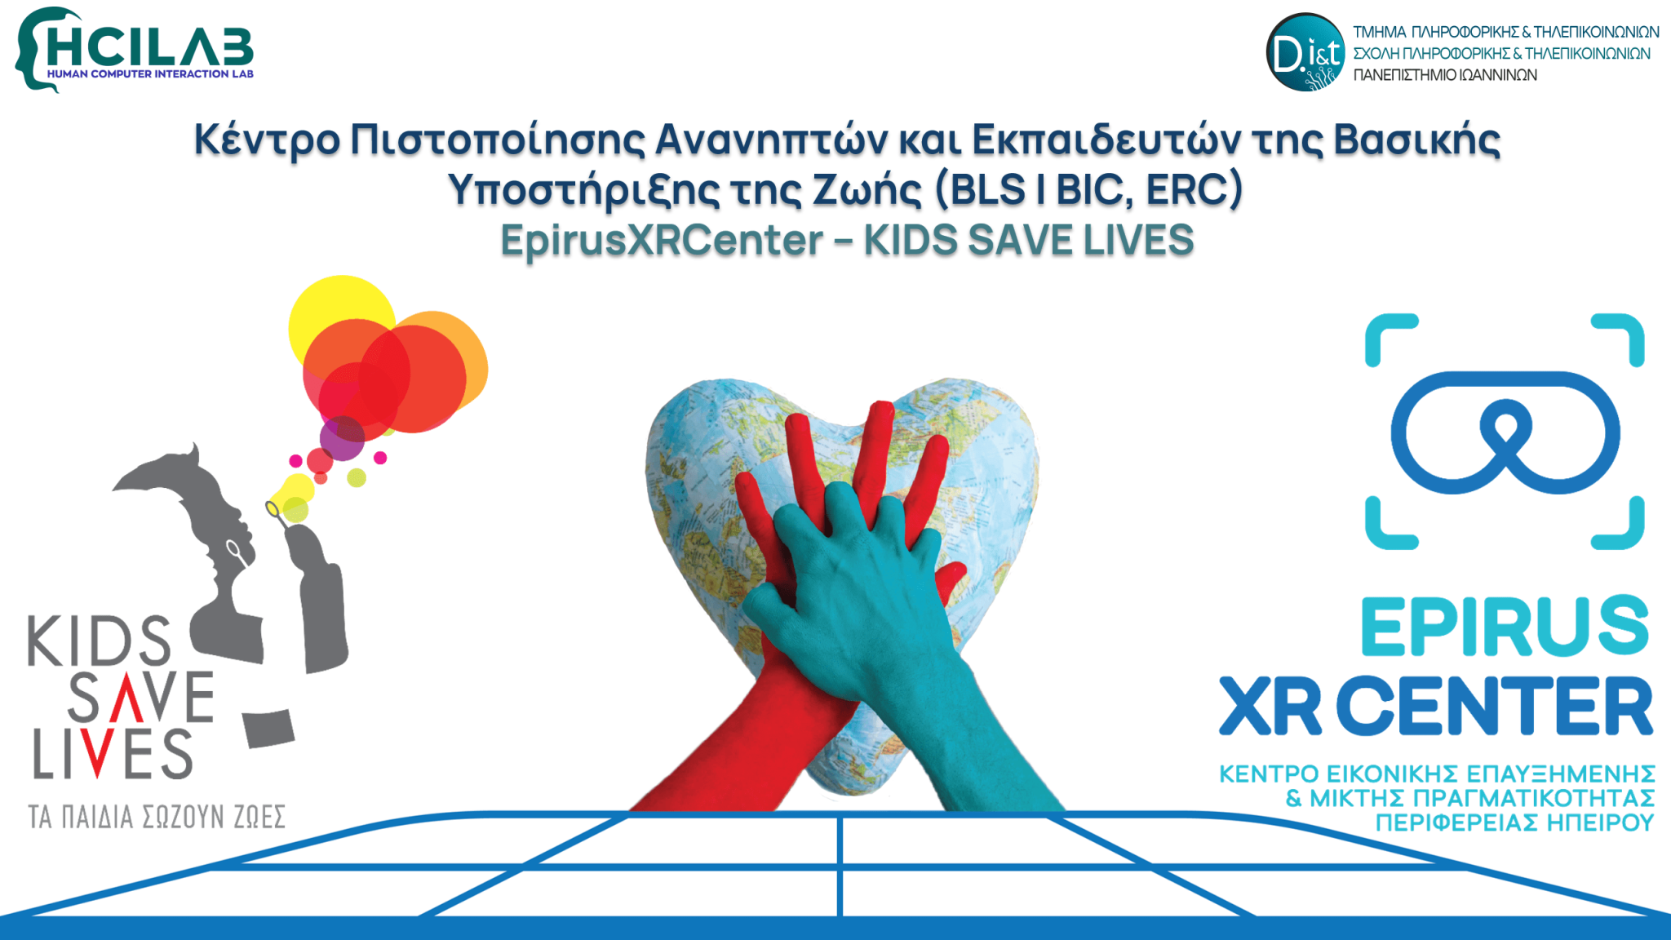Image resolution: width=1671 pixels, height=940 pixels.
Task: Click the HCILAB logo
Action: [135, 49]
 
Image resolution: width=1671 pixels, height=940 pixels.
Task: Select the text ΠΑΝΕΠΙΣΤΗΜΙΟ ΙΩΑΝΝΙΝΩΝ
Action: [1445, 75]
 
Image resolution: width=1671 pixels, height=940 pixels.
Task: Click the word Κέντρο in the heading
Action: [266, 140]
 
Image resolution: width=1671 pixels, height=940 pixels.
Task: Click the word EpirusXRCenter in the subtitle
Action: [662, 241]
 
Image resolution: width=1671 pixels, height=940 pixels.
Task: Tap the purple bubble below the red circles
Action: [342, 438]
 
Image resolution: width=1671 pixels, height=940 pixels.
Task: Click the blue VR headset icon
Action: [1505, 432]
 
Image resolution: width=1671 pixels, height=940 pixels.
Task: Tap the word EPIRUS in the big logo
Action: [1505, 627]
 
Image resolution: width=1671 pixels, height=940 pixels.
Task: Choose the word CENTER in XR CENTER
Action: [1498, 707]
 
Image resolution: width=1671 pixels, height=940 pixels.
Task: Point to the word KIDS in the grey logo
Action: [100, 641]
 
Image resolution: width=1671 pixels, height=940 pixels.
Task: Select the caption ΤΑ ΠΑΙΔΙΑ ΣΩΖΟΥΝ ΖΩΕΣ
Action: [157, 816]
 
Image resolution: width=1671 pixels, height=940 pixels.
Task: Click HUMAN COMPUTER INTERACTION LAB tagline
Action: [150, 74]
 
